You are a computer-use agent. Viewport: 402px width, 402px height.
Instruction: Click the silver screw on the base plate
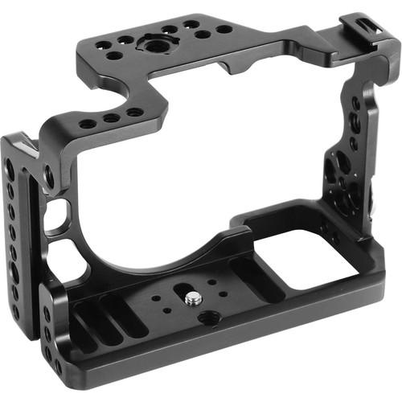[193, 299]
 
